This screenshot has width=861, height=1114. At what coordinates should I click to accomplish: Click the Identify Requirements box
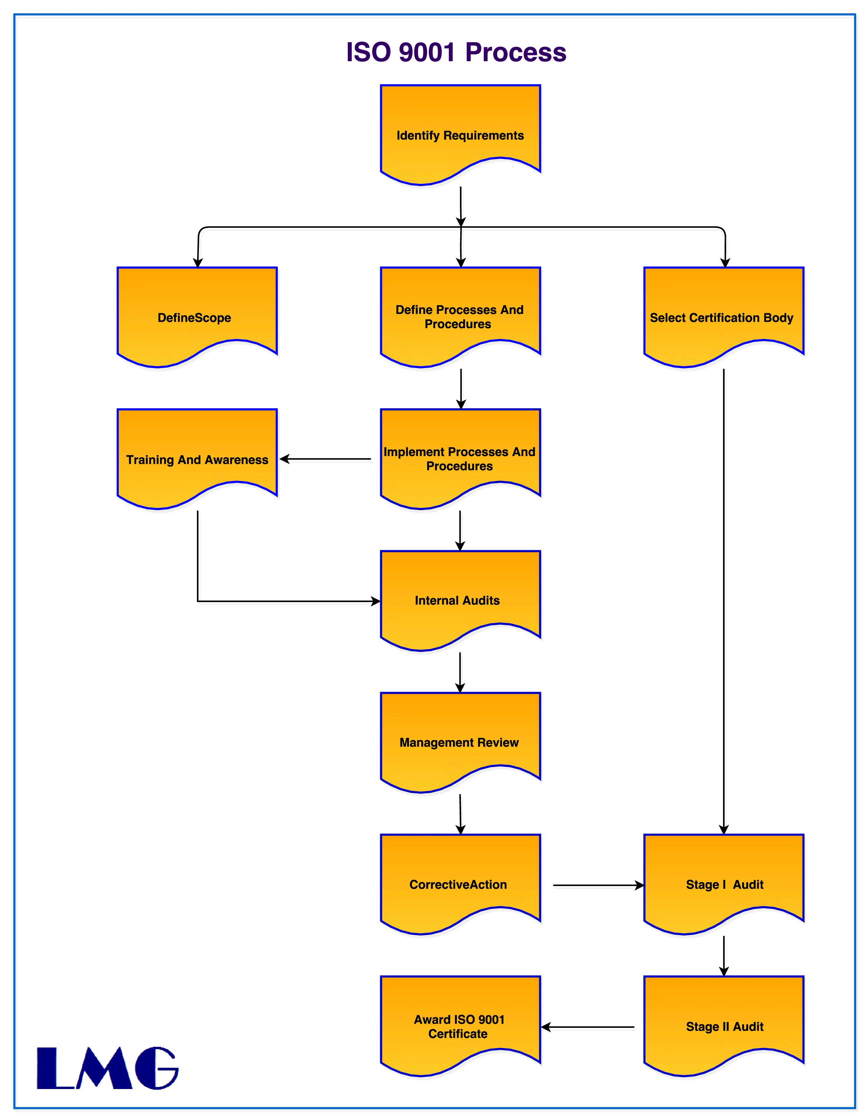[x=460, y=134]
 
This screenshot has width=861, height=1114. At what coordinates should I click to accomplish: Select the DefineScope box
[x=197, y=316]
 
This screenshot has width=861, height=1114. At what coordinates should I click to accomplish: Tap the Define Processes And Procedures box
[x=460, y=316]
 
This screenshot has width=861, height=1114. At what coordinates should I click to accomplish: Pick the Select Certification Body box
[x=723, y=316]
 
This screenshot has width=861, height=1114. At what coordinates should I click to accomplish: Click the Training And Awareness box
[x=197, y=458]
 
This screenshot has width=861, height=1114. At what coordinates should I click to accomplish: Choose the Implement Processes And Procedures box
[x=460, y=458]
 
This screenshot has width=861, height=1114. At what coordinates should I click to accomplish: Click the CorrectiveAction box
[x=460, y=883]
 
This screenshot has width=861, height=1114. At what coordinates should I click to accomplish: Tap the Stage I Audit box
[x=723, y=883]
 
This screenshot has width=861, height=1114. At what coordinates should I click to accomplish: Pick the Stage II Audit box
[x=723, y=1025]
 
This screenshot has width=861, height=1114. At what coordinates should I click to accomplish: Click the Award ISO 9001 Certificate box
[x=460, y=1025]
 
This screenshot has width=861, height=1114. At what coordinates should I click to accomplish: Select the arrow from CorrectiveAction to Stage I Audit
[x=598, y=885]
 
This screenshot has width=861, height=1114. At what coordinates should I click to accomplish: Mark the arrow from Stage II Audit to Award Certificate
[x=588, y=1027]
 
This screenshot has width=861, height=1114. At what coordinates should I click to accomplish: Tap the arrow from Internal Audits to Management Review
[x=460, y=672]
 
